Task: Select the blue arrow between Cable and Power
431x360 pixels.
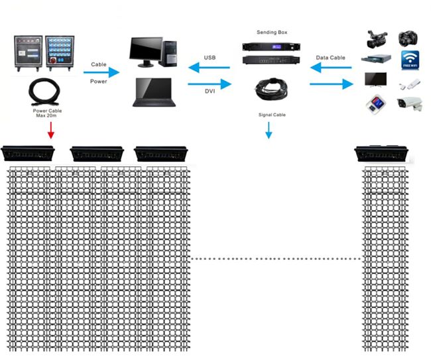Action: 104,72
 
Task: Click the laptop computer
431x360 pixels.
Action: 154,92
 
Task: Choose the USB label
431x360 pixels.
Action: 210,58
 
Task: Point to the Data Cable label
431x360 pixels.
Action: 330,58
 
